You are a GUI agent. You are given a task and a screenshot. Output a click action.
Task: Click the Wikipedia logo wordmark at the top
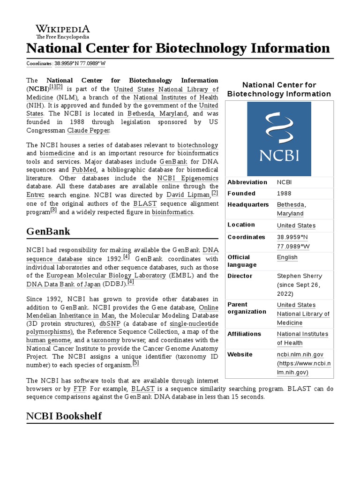pos(63,29)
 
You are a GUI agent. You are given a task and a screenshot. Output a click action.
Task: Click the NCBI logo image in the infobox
pos(279,139)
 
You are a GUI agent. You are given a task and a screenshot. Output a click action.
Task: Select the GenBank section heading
pos(48,231)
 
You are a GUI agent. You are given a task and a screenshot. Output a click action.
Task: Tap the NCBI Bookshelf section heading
pos(64,416)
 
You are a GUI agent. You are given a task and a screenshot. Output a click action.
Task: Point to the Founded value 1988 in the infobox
pos(284,194)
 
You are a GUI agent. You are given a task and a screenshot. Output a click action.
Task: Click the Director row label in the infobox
pos(240,276)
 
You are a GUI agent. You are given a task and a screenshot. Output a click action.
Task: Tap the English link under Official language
pos(287,257)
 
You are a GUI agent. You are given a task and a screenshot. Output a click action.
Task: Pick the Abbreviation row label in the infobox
pos(247,182)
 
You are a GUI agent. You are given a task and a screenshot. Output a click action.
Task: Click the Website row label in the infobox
pos(240,355)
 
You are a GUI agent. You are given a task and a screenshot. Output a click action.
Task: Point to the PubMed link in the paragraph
pos(83,170)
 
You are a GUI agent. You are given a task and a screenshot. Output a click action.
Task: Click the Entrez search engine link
pos(36,195)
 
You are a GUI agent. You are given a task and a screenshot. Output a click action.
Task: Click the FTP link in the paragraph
pos(79,389)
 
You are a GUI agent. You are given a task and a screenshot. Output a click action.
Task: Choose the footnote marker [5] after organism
pos(136,363)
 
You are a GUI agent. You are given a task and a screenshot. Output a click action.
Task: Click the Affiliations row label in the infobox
pos(244,334)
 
